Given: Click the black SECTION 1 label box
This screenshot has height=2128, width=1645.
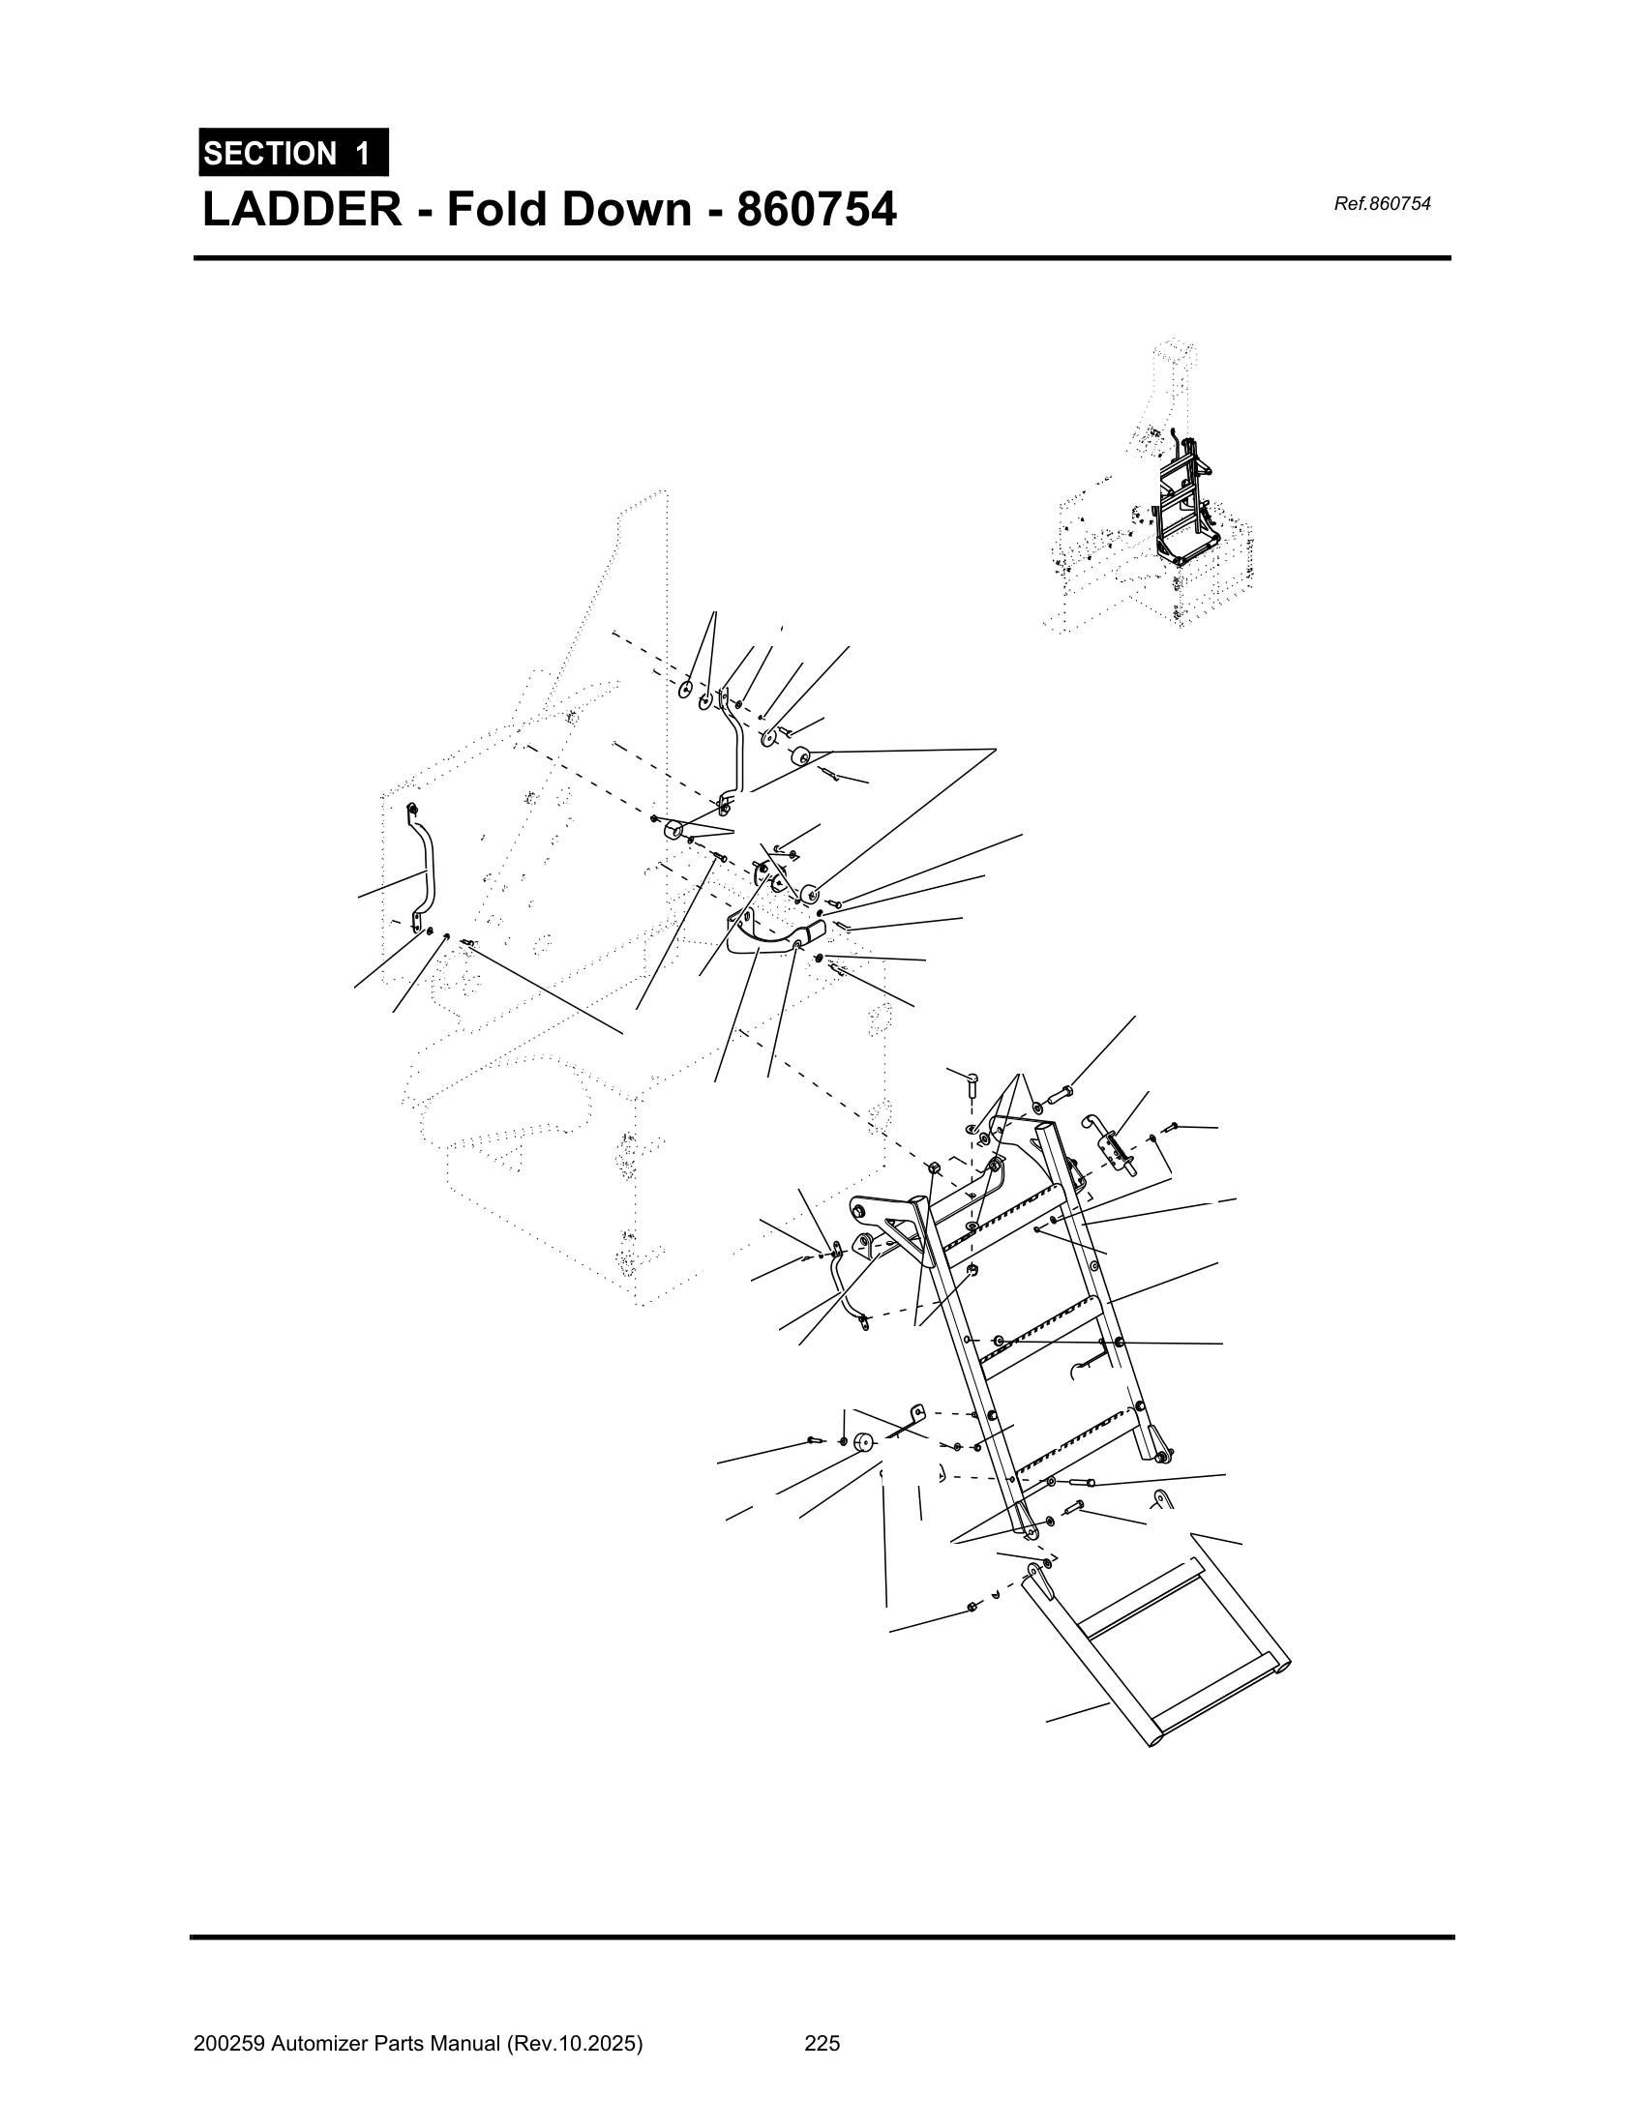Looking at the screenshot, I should pyautogui.click(x=292, y=153).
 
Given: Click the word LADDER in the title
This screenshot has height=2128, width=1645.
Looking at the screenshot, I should pyautogui.click(x=300, y=210).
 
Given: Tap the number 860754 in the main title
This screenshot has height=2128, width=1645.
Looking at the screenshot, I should pyautogui.click(x=816, y=210).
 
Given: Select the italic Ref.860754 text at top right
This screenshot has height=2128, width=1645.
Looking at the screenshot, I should pyautogui.click(x=1381, y=204).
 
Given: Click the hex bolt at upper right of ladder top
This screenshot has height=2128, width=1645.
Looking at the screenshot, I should pyautogui.click(x=1060, y=1097).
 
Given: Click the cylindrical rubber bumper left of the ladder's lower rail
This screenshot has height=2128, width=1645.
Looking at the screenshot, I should pyautogui.click(x=862, y=1442).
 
